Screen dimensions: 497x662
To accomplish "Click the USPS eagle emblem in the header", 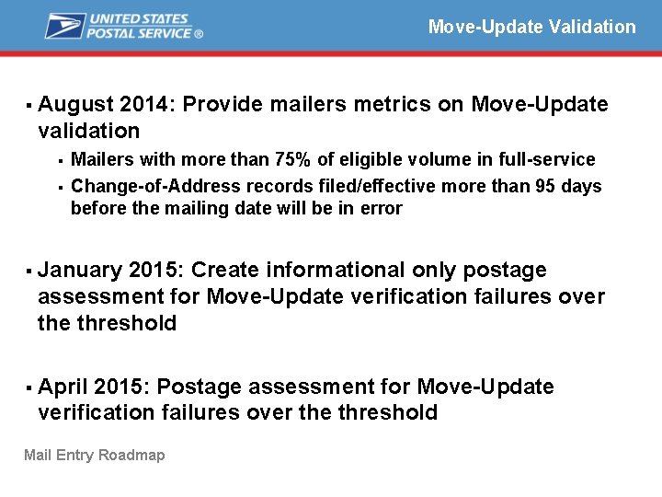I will click(64, 26).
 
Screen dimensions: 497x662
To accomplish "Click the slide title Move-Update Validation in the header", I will click(531, 27).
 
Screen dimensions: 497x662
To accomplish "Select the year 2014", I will click(145, 105).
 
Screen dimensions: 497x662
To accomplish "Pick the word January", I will click(80, 271).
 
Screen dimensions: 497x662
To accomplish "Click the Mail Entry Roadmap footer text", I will click(95, 455).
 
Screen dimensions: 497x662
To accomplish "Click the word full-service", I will click(547, 160).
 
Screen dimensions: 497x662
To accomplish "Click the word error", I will click(382, 208).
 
